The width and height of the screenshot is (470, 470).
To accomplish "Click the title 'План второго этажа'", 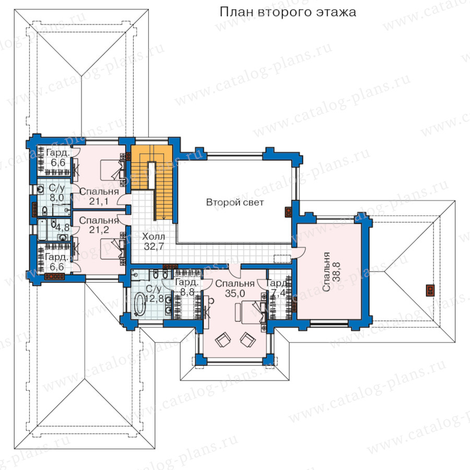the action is pyautogui.click(x=288, y=13).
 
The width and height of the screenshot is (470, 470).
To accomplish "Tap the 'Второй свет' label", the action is pyautogui.click(x=235, y=202).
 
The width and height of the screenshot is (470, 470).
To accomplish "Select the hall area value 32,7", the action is pyautogui.click(x=154, y=246).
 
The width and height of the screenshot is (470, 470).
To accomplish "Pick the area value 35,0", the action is pyautogui.click(x=234, y=293).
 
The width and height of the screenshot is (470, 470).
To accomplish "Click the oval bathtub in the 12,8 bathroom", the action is pyautogui.click(x=139, y=304).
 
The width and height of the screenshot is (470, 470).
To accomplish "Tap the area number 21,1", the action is pyautogui.click(x=99, y=201).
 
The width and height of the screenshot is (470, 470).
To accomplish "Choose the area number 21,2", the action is pyautogui.click(x=99, y=230).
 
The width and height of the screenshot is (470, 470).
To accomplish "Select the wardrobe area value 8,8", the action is pyautogui.click(x=187, y=291).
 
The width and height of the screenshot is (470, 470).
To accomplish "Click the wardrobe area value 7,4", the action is pyautogui.click(x=278, y=293).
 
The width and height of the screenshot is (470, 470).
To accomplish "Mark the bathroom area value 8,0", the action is pyautogui.click(x=57, y=197).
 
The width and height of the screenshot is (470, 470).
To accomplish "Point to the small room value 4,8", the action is pyautogui.click(x=62, y=227).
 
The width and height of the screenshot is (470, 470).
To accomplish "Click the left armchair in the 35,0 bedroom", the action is pyautogui.click(x=223, y=339).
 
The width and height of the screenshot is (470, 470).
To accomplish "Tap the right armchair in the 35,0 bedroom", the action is pyautogui.click(x=248, y=339).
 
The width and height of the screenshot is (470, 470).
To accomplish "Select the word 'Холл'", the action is pyautogui.click(x=154, y=237).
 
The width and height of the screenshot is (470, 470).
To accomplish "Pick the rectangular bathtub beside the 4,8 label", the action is pyautogui.click(x=43, y=229).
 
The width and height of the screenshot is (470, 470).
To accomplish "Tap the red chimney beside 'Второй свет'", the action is pyautogui.click(x=288, y=212).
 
